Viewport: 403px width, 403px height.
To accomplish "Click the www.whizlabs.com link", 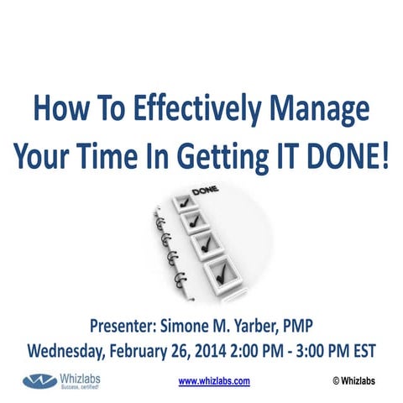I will click(214, 380).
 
